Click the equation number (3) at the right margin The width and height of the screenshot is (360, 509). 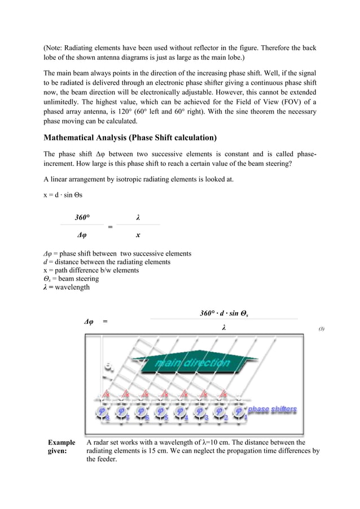coord(321,328)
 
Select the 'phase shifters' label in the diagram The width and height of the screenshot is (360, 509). coord(272,409)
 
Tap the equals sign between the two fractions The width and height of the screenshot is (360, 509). coord(110,227)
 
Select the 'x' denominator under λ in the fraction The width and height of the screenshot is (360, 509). coord(138,235)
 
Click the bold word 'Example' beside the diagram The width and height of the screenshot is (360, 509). coord(62,443)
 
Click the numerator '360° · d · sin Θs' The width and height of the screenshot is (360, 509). coord(223,313)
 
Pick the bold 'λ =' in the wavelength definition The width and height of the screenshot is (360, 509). coord(50,287)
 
